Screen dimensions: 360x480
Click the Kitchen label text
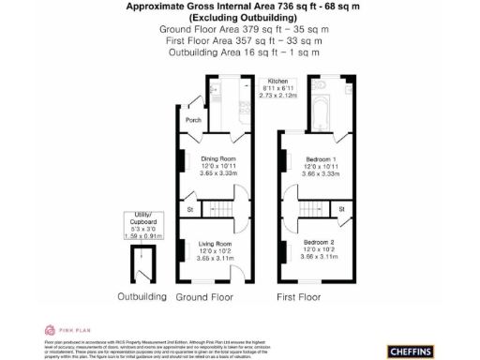pyautogui.click(x=277, y=82)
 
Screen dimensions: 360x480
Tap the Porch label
pyautogui.click(x=194, y=121)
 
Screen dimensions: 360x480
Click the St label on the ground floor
pyautogui.click(x=189, y=208)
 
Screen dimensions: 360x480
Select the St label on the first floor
pyautogui.click(x=341, y=207)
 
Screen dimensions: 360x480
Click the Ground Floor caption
pyautogui.click(x=205, y=297)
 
